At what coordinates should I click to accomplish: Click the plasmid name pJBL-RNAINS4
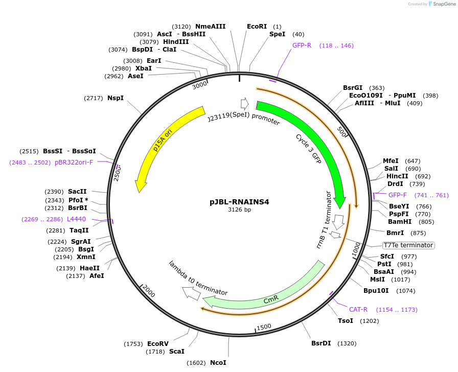pyautogui.click(x=239, y=201)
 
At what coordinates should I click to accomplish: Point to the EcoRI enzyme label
pyautogui.click(x=257, y=27)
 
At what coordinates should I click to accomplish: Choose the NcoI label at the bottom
pyautogui.click(x=218, y=363)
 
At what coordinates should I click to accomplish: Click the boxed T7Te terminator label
pyautogui.click(x=408, y=245)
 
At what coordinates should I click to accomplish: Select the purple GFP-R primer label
pyautogui.click(x=302, y=45)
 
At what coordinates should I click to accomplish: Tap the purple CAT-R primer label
pyautogui.click(x=358, y=310)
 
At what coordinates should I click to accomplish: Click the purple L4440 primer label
pyautogui.click(x=76, y=219)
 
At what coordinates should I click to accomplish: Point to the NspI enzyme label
pyautogui.click(x=116, y=98)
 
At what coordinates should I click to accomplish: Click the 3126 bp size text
pyautogui.click(x=239, y=210)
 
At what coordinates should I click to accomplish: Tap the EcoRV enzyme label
pyautogui.click(x=157, y=344)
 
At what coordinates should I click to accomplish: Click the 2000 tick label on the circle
pyautogui.click(x=148, y=292)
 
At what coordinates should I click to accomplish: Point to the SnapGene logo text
pyautogui.click(x=443, y=4)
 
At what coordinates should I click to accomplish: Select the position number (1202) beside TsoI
pyautogui.click(x=370, y=321)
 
